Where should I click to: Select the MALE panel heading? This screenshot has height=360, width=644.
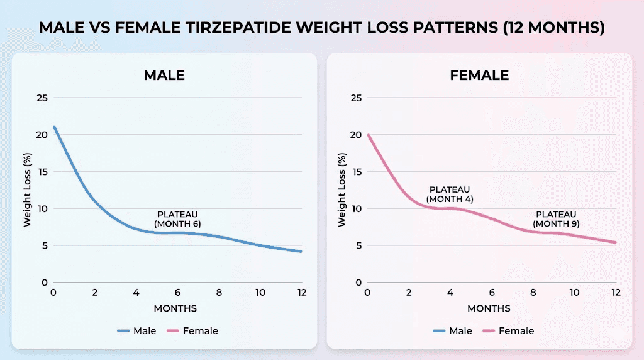point(164,75)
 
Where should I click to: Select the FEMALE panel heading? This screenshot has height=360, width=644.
point(479,75)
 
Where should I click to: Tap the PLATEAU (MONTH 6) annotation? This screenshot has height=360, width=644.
point(177,219)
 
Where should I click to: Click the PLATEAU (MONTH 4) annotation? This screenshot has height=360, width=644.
point(450,194)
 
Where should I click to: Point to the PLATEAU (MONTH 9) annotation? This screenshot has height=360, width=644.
point(556,219)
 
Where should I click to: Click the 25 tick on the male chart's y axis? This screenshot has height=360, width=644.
point(42,98)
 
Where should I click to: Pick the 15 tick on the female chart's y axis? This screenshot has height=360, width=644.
point(356,171)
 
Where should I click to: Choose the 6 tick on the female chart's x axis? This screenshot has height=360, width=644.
point(492,293)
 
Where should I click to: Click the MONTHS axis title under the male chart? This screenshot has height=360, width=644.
point(175,308)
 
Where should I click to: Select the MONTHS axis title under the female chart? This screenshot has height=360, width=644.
point(489,308)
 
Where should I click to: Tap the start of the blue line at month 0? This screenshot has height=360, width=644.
point(54,127)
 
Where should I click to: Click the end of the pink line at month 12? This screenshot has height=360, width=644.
point(615,242)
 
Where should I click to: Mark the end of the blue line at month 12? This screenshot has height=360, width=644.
point(301,251)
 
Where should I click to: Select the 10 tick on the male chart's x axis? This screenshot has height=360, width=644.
point(260,293)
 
